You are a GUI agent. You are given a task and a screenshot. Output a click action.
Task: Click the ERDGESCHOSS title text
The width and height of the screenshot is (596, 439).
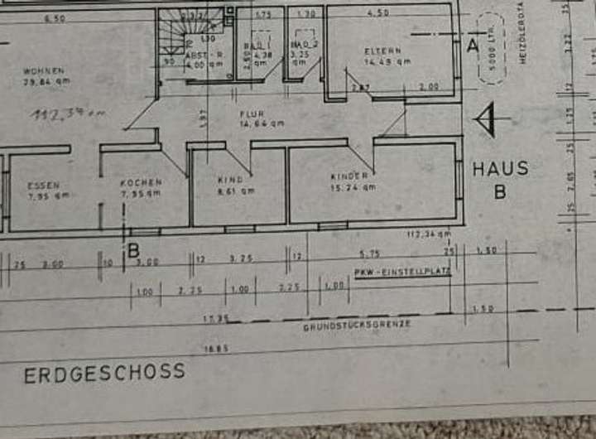103,373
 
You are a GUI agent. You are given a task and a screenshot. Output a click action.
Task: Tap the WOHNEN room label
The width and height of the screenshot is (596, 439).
45,71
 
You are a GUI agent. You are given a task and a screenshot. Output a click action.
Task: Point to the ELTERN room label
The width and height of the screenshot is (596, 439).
382,51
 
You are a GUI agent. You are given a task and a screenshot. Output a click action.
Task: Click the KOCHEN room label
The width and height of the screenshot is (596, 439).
140,181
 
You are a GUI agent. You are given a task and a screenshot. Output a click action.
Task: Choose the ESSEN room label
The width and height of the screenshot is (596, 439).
43,186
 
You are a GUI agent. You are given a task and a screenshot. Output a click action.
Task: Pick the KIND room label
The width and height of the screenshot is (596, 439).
230,179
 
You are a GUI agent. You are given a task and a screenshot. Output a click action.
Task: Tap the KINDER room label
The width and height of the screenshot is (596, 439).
348,176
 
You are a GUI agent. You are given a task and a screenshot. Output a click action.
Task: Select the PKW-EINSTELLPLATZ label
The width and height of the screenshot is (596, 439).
401,273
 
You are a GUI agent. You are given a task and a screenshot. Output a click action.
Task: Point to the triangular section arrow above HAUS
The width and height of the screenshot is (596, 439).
485,120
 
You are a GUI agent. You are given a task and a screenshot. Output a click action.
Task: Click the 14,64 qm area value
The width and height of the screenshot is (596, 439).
262,123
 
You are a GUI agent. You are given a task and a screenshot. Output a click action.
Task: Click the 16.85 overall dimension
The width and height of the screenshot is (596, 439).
217,350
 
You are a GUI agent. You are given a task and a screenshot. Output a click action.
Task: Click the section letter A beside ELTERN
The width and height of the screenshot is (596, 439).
473,46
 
